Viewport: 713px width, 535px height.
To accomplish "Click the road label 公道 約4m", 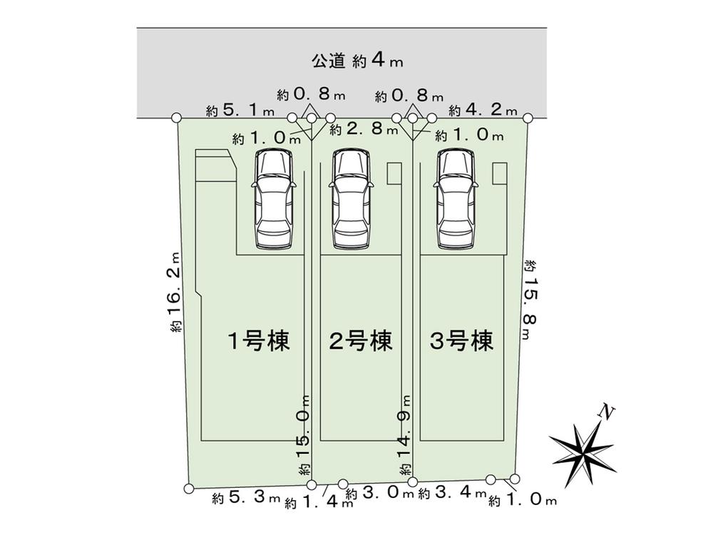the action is (x=357, y=61).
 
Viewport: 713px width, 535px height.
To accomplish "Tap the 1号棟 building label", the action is (x=258, y=342).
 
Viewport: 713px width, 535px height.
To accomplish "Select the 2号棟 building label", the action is (x=361, y=342).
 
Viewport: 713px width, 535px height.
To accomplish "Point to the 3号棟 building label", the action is (x=462, y=342).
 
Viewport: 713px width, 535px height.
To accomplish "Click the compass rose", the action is (x=583, y=446).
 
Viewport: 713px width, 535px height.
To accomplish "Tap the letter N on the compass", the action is (x=607, y=412).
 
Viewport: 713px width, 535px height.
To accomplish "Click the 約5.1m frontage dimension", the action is (x=240, y=110).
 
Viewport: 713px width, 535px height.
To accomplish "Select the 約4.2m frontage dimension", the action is (x=483, y=110).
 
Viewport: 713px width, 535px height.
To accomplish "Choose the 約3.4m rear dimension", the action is (x=452, y=493).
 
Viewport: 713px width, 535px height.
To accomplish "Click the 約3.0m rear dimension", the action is (x=379, y=494).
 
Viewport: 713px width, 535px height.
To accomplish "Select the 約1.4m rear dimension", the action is (x=318, y=502).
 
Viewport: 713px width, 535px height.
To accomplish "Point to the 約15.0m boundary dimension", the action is (x=305, y=436).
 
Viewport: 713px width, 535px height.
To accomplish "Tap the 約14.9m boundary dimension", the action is (x=406, y=436).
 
